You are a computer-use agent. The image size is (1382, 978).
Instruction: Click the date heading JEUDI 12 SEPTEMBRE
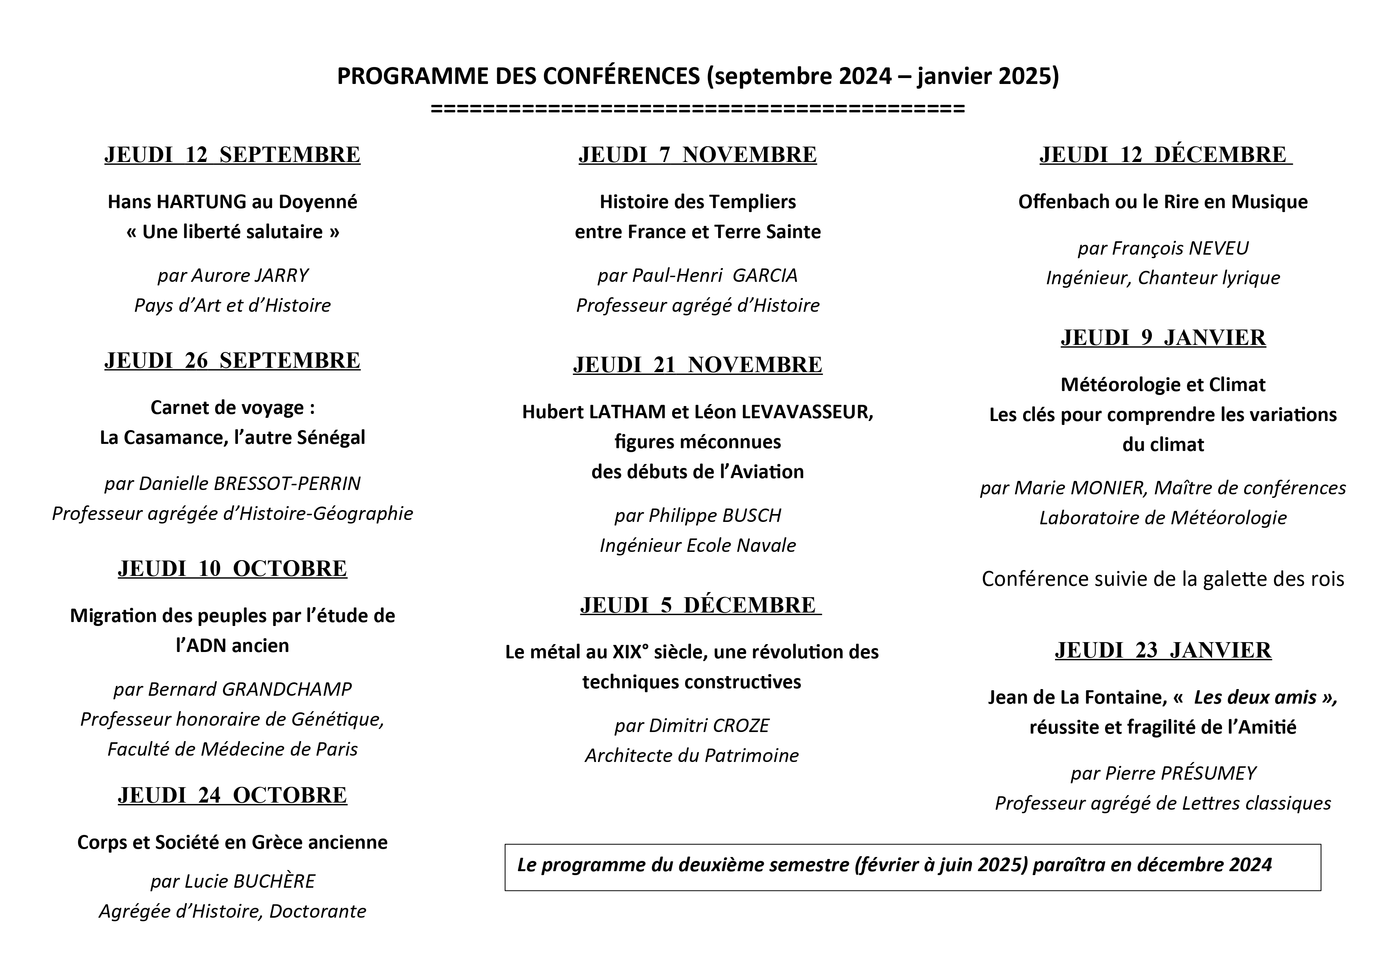point(232,155)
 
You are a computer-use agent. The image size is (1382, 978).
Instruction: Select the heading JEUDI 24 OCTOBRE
point(232,795)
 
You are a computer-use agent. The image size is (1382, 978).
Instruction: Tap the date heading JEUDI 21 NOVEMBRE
point(698,364)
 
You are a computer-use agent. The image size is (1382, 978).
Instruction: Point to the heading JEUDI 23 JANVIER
point(1163,650)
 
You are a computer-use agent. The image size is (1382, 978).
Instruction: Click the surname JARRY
point(281,275)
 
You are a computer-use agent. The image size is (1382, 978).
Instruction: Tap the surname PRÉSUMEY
point(1209,773)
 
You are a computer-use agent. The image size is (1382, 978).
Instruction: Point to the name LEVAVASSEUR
point(807,412)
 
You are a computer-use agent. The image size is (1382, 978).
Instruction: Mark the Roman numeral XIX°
point(632,652)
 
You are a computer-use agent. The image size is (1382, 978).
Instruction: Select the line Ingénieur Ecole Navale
point(698,546)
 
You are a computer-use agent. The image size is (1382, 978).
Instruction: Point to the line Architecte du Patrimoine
point(692,756)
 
